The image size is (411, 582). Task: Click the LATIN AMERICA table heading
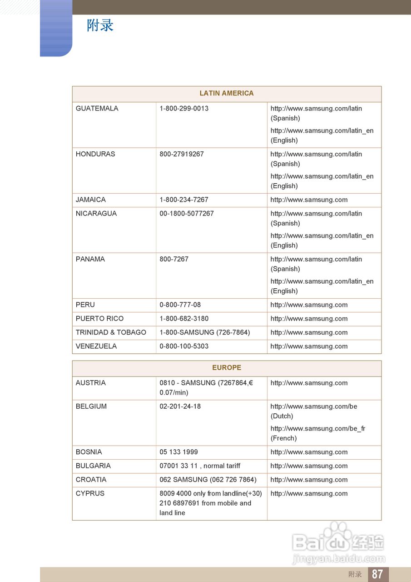tap(226, 93)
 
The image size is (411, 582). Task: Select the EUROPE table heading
tap(226, 367)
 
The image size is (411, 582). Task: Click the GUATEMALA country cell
tap(97, 109)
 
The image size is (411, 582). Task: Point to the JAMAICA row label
tap(90, 200)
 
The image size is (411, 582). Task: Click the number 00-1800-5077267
tap(186, 213)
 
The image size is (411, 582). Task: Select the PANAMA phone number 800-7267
tap(174, 259)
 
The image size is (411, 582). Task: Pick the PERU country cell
tap(85, 305)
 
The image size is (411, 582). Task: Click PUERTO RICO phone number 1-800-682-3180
tap(184, 319)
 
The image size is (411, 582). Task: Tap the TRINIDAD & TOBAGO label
tap(111, 332)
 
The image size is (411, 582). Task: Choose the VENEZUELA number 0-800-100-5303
tap(184, 346)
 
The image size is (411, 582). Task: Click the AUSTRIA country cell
tap(90, 383)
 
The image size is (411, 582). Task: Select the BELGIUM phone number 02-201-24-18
tap(180, 406)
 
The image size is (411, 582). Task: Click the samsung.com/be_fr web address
tap(318, 428)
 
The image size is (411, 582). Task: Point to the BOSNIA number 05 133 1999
tap(178, 452)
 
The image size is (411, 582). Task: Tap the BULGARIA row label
tap(93, 466)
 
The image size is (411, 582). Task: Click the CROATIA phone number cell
tap(208, 480)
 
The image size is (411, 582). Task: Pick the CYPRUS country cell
tap(90, 493)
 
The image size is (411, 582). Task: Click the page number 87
tap(377, 574)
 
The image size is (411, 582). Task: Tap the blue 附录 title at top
tap(100, 25)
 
